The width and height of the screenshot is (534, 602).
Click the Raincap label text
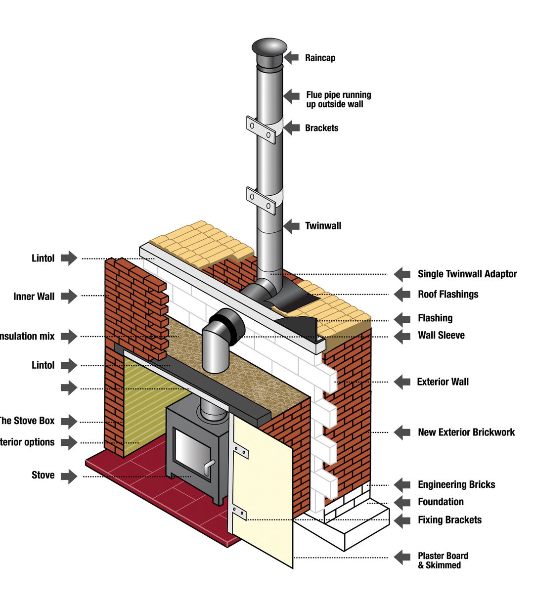click(x=320, y=58)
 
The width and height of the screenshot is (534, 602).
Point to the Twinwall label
click(x=323, y=226)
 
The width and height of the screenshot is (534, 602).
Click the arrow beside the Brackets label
click(x=292, y=128)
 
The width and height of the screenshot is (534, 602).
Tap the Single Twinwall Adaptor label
click(x=467, y=274)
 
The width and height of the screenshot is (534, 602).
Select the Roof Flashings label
click(x=448, y=294)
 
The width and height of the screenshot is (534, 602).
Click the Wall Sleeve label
click(x=441, y=335)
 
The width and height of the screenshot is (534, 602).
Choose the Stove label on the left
click(x=43, y=475)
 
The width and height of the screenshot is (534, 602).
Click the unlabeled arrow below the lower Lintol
click(x=69, y=388)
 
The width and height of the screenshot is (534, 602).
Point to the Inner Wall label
click(x=34, y=297)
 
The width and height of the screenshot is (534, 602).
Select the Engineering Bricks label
click(x=456, y=484)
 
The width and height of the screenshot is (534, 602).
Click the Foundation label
click(x=441, y=502)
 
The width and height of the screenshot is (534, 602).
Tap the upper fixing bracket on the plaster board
click(x=241, y=451)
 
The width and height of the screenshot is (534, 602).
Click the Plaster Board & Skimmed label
click(x=443, y=560)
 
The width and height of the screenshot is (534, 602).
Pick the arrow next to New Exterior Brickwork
click(x=402, y=432)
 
